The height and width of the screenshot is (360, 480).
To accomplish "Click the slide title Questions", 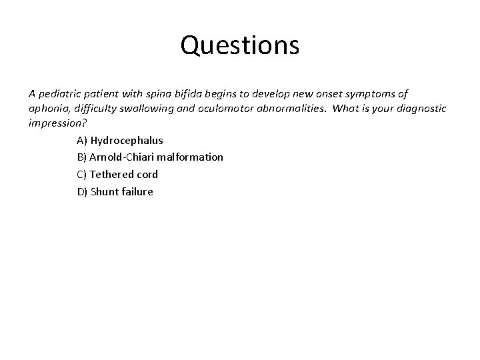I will (240, 45).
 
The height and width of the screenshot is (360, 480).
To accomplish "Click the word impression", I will (56, 123).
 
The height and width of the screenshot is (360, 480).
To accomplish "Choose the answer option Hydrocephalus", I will (127, 141).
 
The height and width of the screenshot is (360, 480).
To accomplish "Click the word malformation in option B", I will (190, 157).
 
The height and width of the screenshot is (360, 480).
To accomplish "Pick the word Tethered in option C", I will (112, 175).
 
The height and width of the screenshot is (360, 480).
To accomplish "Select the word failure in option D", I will (138, 192).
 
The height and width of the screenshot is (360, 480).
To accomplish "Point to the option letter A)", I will (82, 141).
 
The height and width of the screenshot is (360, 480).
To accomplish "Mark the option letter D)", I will (82, 192).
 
